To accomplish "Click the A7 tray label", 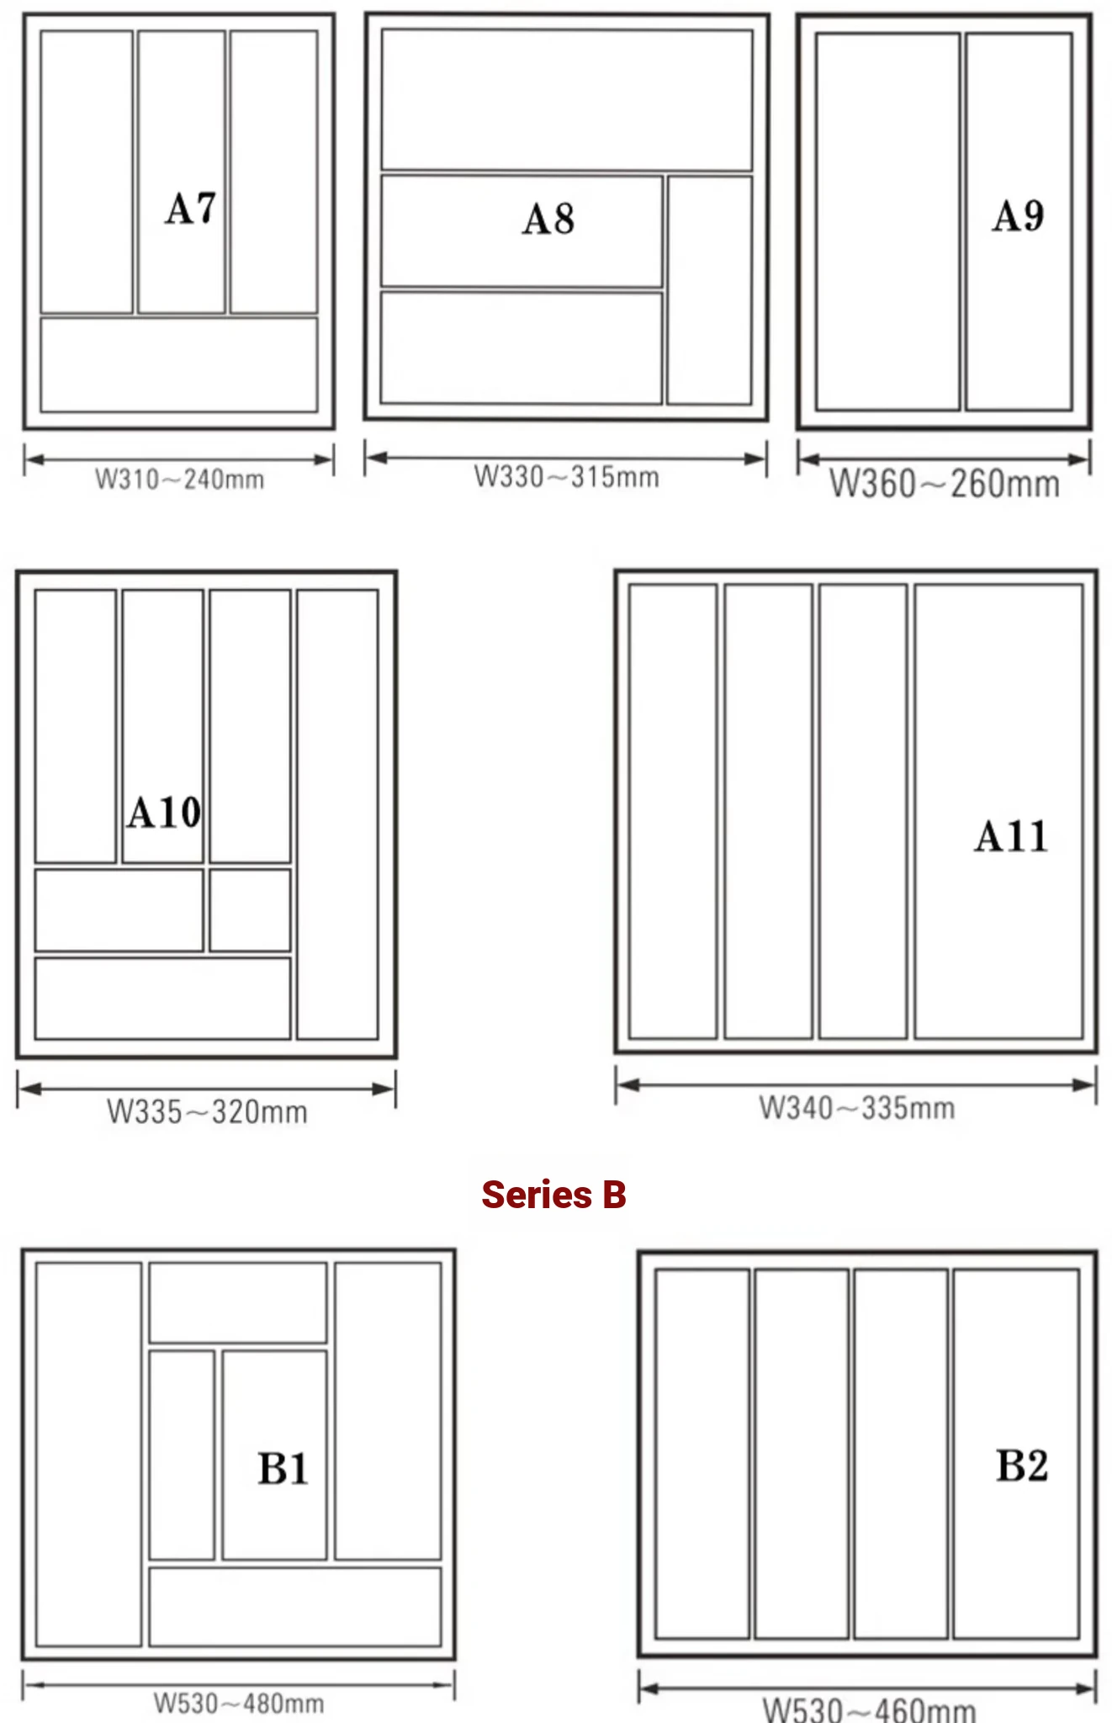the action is (191, 209).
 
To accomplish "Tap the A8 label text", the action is (548, 219).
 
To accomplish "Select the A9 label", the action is (1018, 215).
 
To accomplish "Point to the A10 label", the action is (164, 813).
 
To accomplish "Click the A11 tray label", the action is (1011, 836).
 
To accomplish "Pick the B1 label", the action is (283, 1469).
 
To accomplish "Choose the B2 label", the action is (1022, 1465).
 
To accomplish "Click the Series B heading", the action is (553, 1194).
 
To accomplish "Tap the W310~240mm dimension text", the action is (179, 480).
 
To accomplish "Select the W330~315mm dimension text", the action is (566, 477).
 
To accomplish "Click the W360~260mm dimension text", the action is (945, 484).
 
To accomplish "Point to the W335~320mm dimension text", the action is (207, 1111).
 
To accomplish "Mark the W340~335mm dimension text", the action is (857, 1108).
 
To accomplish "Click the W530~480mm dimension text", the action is (239, 1704).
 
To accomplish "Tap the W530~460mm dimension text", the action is (869, 1709).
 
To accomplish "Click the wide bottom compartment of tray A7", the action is (179, 364).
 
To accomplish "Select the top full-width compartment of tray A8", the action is (567, 100).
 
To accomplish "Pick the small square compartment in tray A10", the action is (250, 910).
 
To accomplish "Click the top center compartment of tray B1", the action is (238, 1302).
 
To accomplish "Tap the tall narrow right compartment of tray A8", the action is (709, 290).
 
